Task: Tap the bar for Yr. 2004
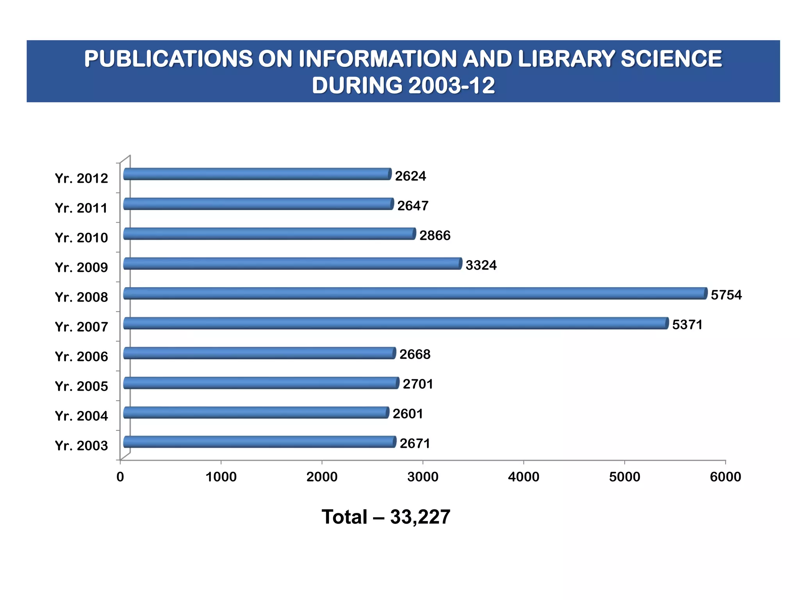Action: click(x=256, y=412)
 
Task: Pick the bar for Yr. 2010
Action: click(x=269, y=234)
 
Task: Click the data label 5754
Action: click(x=726, y=295)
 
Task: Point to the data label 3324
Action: click(x=481, y=265)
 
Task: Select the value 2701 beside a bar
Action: click(x=418, y=384)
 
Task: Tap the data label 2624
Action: click(x=410, y=176)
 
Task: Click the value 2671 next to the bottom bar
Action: click(x=415, y=443)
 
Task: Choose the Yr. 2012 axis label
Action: click(x=81, y=178)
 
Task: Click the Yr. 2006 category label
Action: click(x=81, y=356)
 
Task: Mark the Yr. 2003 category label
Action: click(x=81, y=445)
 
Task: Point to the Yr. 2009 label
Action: click(x=81, y=267)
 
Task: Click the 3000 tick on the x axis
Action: click(x=423, y=477)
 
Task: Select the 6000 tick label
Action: click(x=725, y=477)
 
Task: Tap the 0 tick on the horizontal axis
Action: click(x=120, y=477)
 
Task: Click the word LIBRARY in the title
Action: click(x=566, y=59)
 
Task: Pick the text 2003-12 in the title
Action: click(x=452, y=85)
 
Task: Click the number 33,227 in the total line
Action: click(x=420, y=517)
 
